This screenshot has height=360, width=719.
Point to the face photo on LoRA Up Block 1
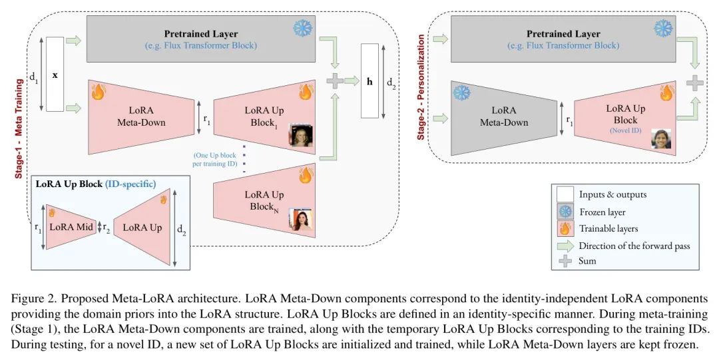[300, 135]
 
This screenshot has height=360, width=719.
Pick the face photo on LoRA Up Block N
[300, 219]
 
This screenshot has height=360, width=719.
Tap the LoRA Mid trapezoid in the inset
[71, 227]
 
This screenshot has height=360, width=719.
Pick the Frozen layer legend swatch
[565, 212]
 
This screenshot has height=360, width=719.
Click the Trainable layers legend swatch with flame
[565, 228]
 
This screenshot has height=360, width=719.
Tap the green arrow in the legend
[565, 245]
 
